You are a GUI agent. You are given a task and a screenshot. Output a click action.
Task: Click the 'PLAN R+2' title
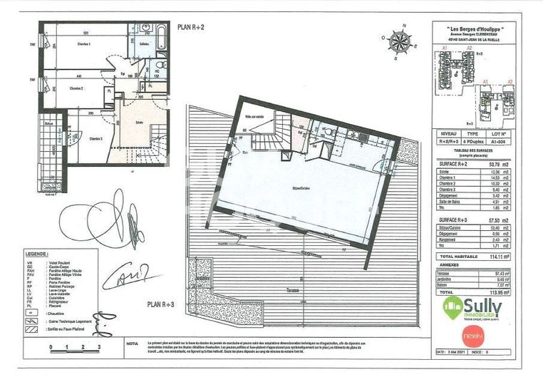coord(191,28)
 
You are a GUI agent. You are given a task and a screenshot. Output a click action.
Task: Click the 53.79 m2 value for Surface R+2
coord(507,163)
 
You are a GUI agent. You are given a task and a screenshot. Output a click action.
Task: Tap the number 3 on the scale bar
coord(100,346)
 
